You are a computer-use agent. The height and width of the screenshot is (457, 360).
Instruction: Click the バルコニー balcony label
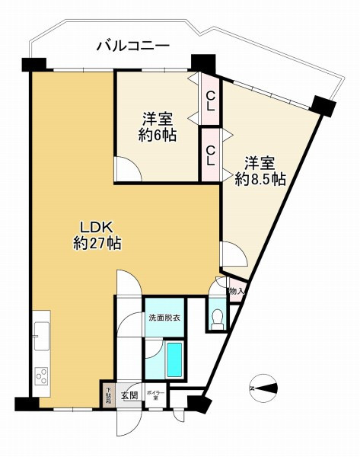132,46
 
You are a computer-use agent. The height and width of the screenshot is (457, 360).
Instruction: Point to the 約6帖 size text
158,136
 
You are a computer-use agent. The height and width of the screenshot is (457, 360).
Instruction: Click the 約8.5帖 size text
260,180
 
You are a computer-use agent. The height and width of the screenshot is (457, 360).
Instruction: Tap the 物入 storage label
236,291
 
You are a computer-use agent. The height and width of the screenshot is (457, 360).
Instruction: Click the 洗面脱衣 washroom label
164,318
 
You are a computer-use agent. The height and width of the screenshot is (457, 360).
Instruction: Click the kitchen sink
42,334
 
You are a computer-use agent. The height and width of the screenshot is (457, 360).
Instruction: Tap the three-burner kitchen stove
42,376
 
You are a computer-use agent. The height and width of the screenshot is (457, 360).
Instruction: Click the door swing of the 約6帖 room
126,168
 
